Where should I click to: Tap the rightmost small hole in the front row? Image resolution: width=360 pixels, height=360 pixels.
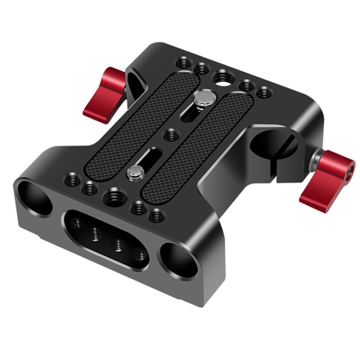click(156, 216)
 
